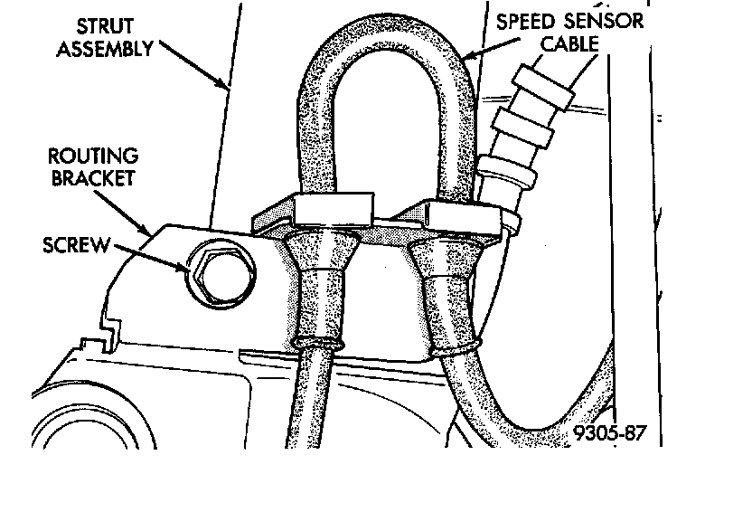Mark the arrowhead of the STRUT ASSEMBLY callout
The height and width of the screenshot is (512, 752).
(x=226, y=88)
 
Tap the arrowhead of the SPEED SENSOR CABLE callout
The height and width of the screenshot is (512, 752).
(x=464, y=60)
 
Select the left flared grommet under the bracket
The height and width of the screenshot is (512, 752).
(x=318, y=289)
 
